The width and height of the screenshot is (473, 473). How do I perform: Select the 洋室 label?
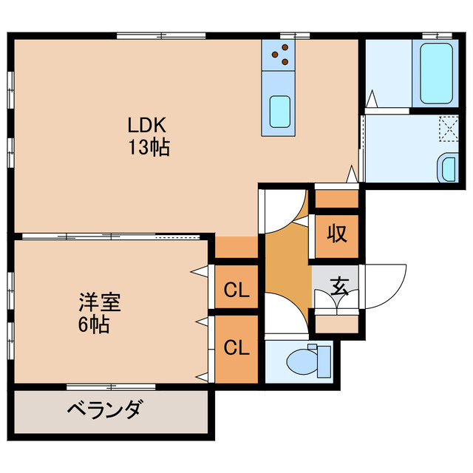(x=101, y=303)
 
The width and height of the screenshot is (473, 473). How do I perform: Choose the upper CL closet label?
(x=236, y=289)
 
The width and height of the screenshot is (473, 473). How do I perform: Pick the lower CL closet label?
(x=236, y=346)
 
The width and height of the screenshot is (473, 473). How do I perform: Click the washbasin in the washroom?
(x=448, y=169)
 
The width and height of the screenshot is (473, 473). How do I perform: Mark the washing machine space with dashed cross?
(x=447, y=130)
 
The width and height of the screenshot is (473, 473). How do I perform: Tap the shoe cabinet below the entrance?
(x=336, y=323)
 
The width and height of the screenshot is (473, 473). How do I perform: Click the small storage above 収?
(x=337, y=198)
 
